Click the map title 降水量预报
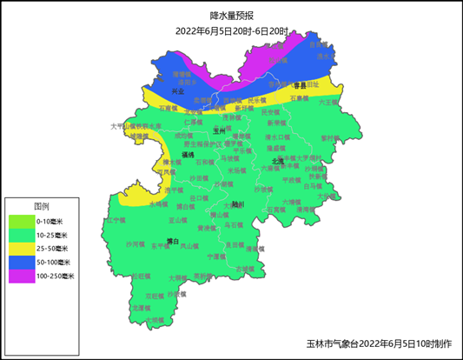(x=231, y=16)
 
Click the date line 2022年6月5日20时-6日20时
(x=231, y=30)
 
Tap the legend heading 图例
(x=41, y=207)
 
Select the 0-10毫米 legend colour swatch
(x=21, y=221)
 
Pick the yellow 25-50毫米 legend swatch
(x=21, y=248)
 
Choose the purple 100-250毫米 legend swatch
(x=21, y=276)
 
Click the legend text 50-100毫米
(x=53, y=262)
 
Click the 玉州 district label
(x=219, y=130)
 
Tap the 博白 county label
(x=171, y=241)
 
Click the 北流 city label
(x=277, y=161)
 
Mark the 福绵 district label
(x=188, y=153)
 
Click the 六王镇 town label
(x=327, y=102)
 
